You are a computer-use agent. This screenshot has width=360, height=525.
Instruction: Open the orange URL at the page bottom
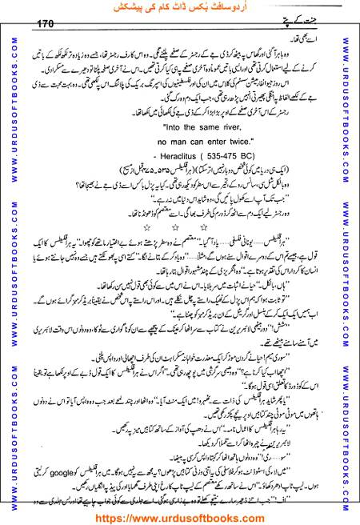179,517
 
